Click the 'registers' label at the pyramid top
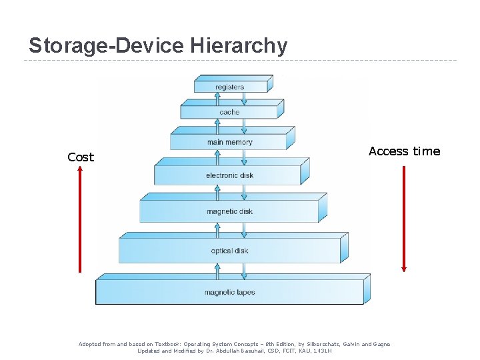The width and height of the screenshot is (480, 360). (229, 87)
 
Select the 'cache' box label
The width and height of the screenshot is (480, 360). (229, 112)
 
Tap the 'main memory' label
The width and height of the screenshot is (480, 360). (229, 142)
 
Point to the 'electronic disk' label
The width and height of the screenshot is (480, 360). (229, 175)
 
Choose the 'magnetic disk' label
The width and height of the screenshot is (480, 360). (229, 211)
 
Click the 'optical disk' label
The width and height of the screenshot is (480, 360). (229, 251)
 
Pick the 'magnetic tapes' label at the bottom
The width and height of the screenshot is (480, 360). (229, 292)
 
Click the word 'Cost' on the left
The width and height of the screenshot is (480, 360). (81, 157)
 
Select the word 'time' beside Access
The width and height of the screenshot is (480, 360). (427, 151)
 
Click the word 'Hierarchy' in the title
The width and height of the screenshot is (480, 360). (239, 46)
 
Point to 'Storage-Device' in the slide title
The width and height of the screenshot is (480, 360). (107, 46)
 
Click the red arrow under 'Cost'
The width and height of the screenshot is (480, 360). (80, 220)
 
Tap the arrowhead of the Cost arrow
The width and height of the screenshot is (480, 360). (80, 169)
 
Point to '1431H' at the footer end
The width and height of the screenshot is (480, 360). (323, 351)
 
